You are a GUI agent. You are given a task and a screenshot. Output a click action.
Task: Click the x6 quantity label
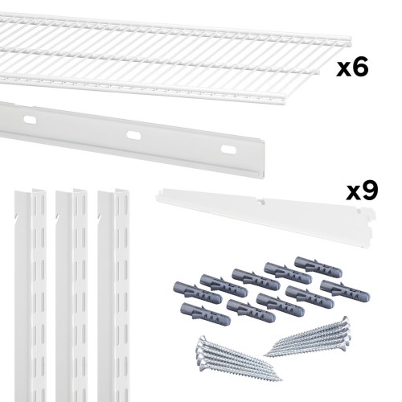[x=352, y=68]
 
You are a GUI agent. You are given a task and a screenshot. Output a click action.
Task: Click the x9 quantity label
[x=362, y=190]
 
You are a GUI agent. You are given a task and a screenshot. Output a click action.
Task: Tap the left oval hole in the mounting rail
[x=30, y=120]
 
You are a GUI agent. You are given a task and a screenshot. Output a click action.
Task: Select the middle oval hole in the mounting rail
[x=133, y=135]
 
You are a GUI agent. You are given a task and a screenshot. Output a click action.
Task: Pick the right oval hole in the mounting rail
[x=228, y=150]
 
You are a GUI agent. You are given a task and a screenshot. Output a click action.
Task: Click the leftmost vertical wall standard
[x=31, y=295]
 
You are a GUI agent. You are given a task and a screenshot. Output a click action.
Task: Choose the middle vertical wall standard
[x=72, y=295]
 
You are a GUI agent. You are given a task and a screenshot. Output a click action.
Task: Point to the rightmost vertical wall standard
[x=113, y=295]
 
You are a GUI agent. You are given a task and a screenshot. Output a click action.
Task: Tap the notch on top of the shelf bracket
[x=260, y=202]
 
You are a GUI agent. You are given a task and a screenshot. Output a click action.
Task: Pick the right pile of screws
[x=308, y=338]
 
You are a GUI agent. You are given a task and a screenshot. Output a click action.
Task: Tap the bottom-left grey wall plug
[x=205, y=314]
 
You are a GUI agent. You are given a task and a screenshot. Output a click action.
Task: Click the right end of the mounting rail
[x=263, y=158]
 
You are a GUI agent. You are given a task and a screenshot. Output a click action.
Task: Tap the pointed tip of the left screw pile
[x=281, y=379]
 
